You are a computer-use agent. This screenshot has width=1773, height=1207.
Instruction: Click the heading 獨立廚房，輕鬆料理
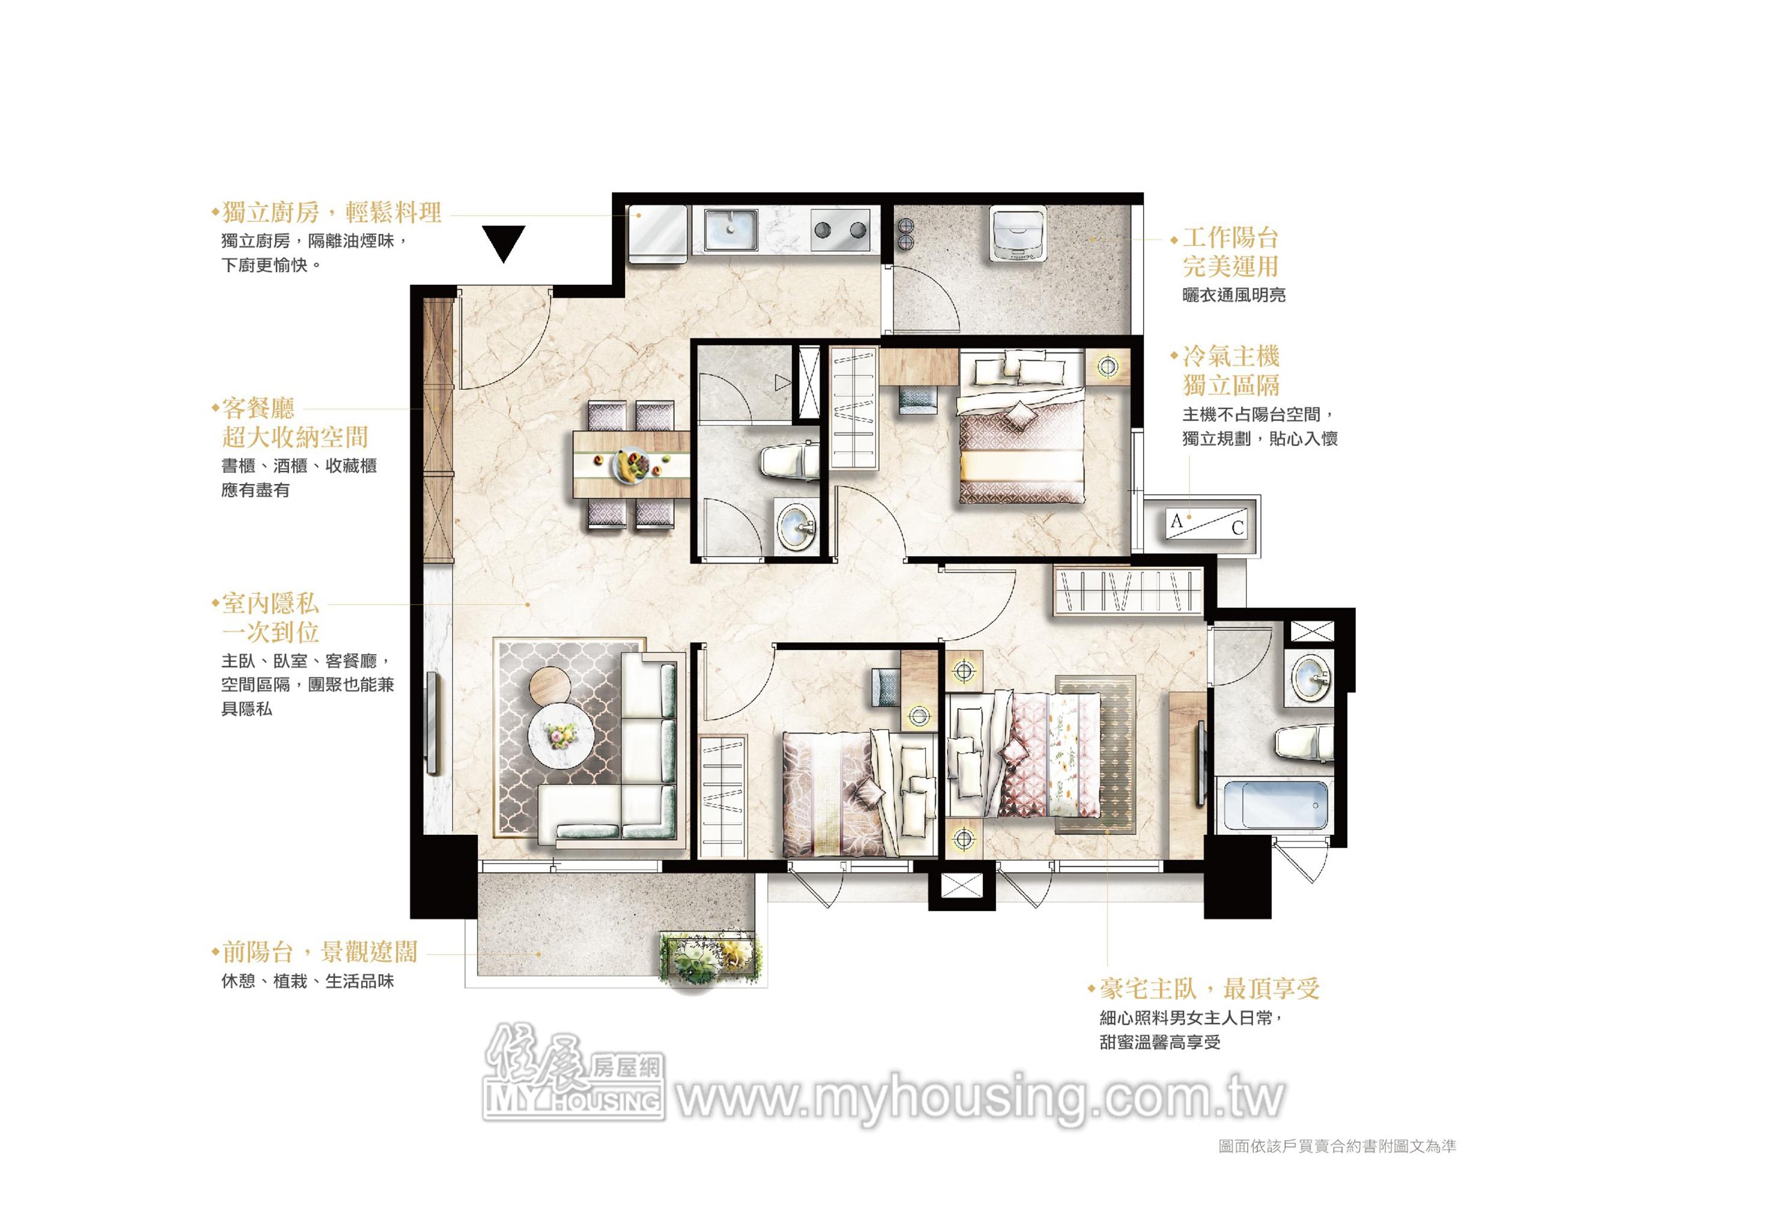point(332,212)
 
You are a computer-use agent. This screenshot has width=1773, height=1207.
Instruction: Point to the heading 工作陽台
point(1230,238)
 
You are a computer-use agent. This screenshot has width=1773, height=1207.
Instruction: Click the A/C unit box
point(1207,524)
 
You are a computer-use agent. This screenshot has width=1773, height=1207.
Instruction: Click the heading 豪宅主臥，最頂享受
point(1209,989)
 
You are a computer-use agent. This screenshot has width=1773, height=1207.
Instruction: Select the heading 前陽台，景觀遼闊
point(320,952)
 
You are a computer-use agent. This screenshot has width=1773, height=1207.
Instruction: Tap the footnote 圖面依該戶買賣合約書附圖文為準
point(1337,1146)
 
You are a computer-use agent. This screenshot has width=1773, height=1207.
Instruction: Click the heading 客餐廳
point(258,408)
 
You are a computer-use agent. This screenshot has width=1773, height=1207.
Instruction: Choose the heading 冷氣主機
point(1230,356)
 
